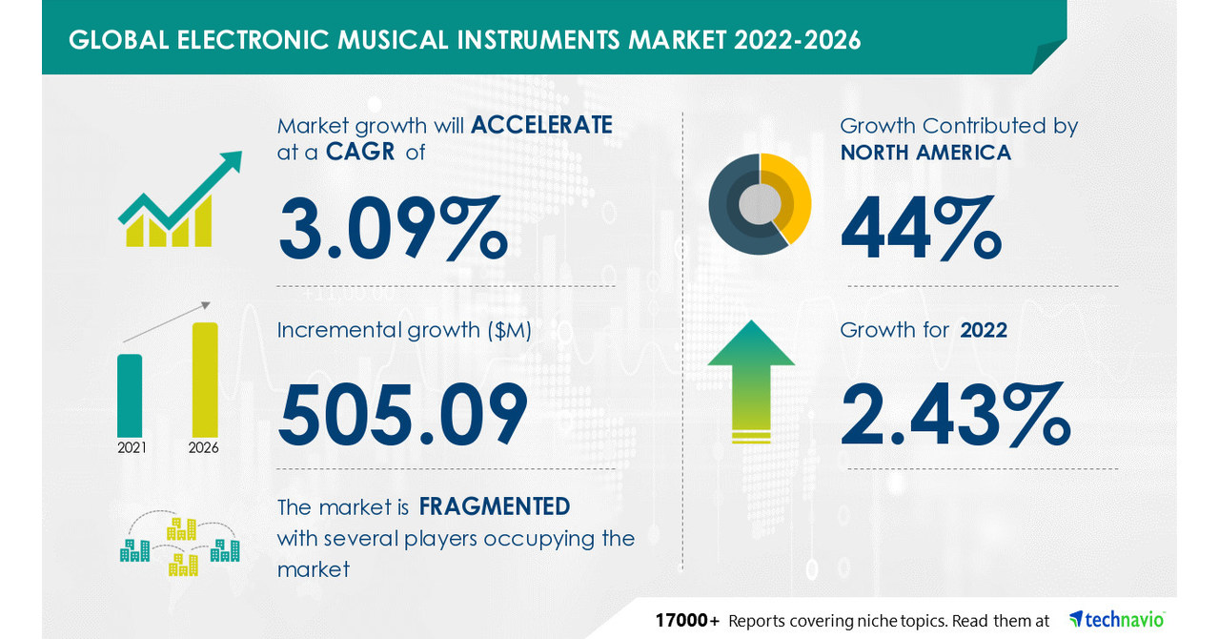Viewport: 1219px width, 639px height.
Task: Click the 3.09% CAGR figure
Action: pos(393,228)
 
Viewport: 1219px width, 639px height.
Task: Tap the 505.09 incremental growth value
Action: pos(402,413)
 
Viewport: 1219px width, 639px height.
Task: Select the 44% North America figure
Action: pos(921,228)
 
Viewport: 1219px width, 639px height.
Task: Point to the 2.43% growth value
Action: pos(955,413)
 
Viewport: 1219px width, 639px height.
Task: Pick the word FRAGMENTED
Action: pos(495,505)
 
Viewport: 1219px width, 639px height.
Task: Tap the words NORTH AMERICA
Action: pos(925,152)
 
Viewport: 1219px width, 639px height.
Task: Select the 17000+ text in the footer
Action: pos(686,620)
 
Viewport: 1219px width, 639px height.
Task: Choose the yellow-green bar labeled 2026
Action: pos(205,380)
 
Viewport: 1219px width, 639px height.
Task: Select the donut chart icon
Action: pos(760,204)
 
